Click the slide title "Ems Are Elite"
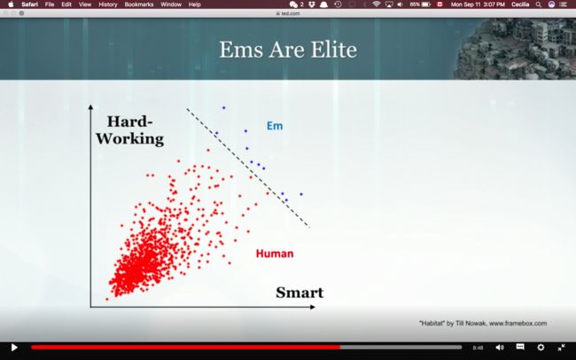[x=288, y=50]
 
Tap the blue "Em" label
[x=275, y=126]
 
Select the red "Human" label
[x=275, y=254]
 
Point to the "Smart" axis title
[x=300, y=293]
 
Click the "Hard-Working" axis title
[x=129, y=130]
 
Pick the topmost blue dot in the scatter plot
[x=223, y=108]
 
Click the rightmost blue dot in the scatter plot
[x=301, y=194]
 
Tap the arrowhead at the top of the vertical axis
[x=90, y=107]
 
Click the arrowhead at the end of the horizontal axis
[x=313, y=307]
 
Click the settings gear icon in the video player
[x=541, y=347]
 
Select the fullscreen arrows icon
[x=561, y=347]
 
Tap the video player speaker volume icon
[x=500, y=347]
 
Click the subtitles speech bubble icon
[x=520, y=347]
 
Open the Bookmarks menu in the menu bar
[x=139, y=4]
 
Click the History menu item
[x=107, y=4]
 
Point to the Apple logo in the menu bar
[x=11, y=4]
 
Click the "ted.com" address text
[x=291, y=13]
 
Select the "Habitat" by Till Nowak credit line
[x=483, y=324]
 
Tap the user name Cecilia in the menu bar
[x=520, y=4]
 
